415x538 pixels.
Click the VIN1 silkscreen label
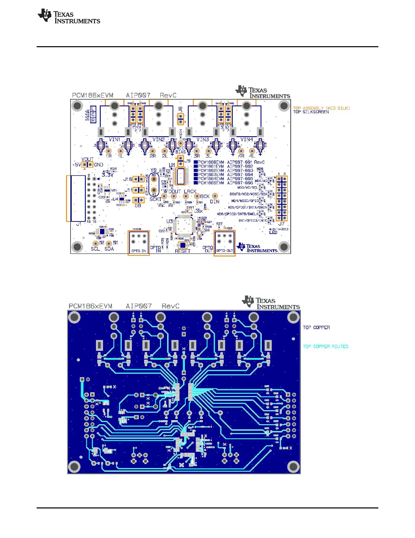114,140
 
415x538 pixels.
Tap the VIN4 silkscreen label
246,140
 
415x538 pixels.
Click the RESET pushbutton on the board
183,245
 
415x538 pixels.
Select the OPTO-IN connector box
139,243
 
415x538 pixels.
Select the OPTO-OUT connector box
224,243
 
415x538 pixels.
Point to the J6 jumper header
181,119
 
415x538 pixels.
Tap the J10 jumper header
138,179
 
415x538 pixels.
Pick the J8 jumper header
138,200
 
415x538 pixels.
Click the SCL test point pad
96,244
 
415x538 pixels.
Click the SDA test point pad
109,244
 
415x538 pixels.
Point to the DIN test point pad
215,196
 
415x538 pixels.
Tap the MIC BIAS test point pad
181,144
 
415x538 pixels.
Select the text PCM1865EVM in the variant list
211,183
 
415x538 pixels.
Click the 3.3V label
107,175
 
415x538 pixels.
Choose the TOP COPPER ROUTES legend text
325,346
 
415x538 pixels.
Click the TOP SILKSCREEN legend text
311,112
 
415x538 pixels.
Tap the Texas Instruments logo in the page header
69,16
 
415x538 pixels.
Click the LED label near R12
273,232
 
